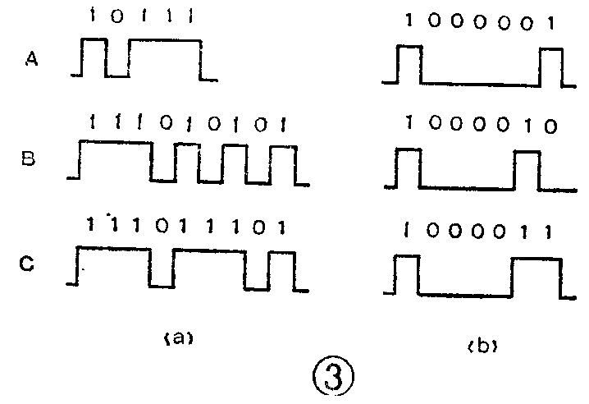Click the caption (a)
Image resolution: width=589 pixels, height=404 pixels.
click(x=176, y=336)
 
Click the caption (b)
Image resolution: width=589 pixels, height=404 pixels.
click(x=483, y=346)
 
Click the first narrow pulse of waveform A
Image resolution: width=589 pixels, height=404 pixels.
click(x=94, y=57)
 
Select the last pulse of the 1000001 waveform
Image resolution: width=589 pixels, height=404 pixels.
click(x=551, y=66)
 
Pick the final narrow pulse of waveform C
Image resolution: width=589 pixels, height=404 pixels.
click(x=281, y=270)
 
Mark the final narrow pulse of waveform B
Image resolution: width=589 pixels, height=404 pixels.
click(x=281, y=164)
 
